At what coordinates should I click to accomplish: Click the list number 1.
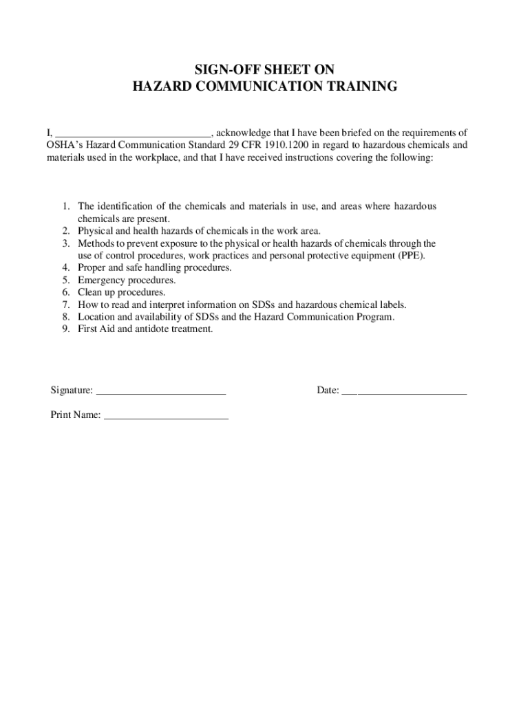click(65, 206)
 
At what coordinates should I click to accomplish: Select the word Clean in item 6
click(90, 293)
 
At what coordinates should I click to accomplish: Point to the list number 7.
click(65, 305)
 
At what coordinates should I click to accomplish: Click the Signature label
click(72, 390)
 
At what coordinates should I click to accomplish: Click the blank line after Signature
click(161, 392)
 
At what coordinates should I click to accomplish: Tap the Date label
click(328, 390)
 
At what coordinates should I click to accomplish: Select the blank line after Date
click(404, 392)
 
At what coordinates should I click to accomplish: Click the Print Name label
click(75, 415)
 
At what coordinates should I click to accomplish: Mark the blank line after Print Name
click(166, 417)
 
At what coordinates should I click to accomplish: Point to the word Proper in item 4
click(92, 268)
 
